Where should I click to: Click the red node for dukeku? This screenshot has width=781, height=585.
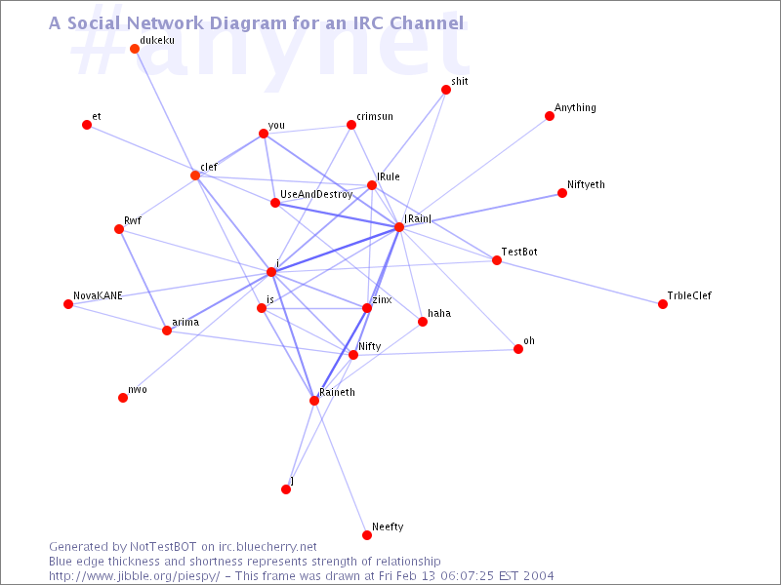135,49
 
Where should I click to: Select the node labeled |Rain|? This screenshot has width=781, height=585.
399,227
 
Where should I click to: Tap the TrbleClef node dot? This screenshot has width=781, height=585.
663,304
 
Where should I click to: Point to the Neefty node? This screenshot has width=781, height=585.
367,535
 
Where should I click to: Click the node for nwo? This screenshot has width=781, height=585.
123,398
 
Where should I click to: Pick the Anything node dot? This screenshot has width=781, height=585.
550,116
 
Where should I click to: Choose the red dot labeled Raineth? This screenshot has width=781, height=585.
314,401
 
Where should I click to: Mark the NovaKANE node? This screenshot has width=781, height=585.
68,304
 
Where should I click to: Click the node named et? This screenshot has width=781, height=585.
87,125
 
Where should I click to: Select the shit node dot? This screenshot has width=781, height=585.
446,90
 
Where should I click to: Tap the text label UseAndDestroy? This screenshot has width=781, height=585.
316,194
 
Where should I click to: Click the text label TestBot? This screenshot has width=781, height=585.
519,252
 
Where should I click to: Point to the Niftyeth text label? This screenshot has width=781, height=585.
586,184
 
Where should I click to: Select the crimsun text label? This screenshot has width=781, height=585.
375,116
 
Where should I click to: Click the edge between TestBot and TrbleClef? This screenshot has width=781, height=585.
580,283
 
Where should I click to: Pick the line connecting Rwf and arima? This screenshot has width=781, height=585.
143,280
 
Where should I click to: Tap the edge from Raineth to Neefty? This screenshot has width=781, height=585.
341,468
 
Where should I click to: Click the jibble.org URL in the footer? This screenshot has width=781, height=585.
134,576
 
